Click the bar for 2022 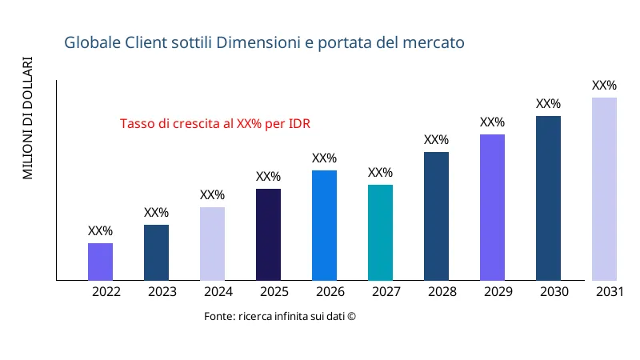coord(100,262)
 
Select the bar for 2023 coord(156,253)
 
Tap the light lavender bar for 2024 coord(212,244)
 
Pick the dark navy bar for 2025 coord(268,234)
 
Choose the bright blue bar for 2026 coord(324,226)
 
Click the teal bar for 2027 coord(380,233)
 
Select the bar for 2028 coord(436,216)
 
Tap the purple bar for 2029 coord(492,207)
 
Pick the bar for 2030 coord(548,198)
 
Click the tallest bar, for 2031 coord(604,189)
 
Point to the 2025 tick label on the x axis coord(274,292)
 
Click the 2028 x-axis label coord(442,292)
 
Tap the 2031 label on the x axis coord(610,292)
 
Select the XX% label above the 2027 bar coord(380,173)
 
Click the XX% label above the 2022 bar coord(100,231)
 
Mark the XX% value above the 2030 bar coord(548,104)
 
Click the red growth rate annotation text coord(214,124)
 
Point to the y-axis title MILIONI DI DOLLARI coord(28,118)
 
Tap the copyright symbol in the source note coord(350,317)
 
